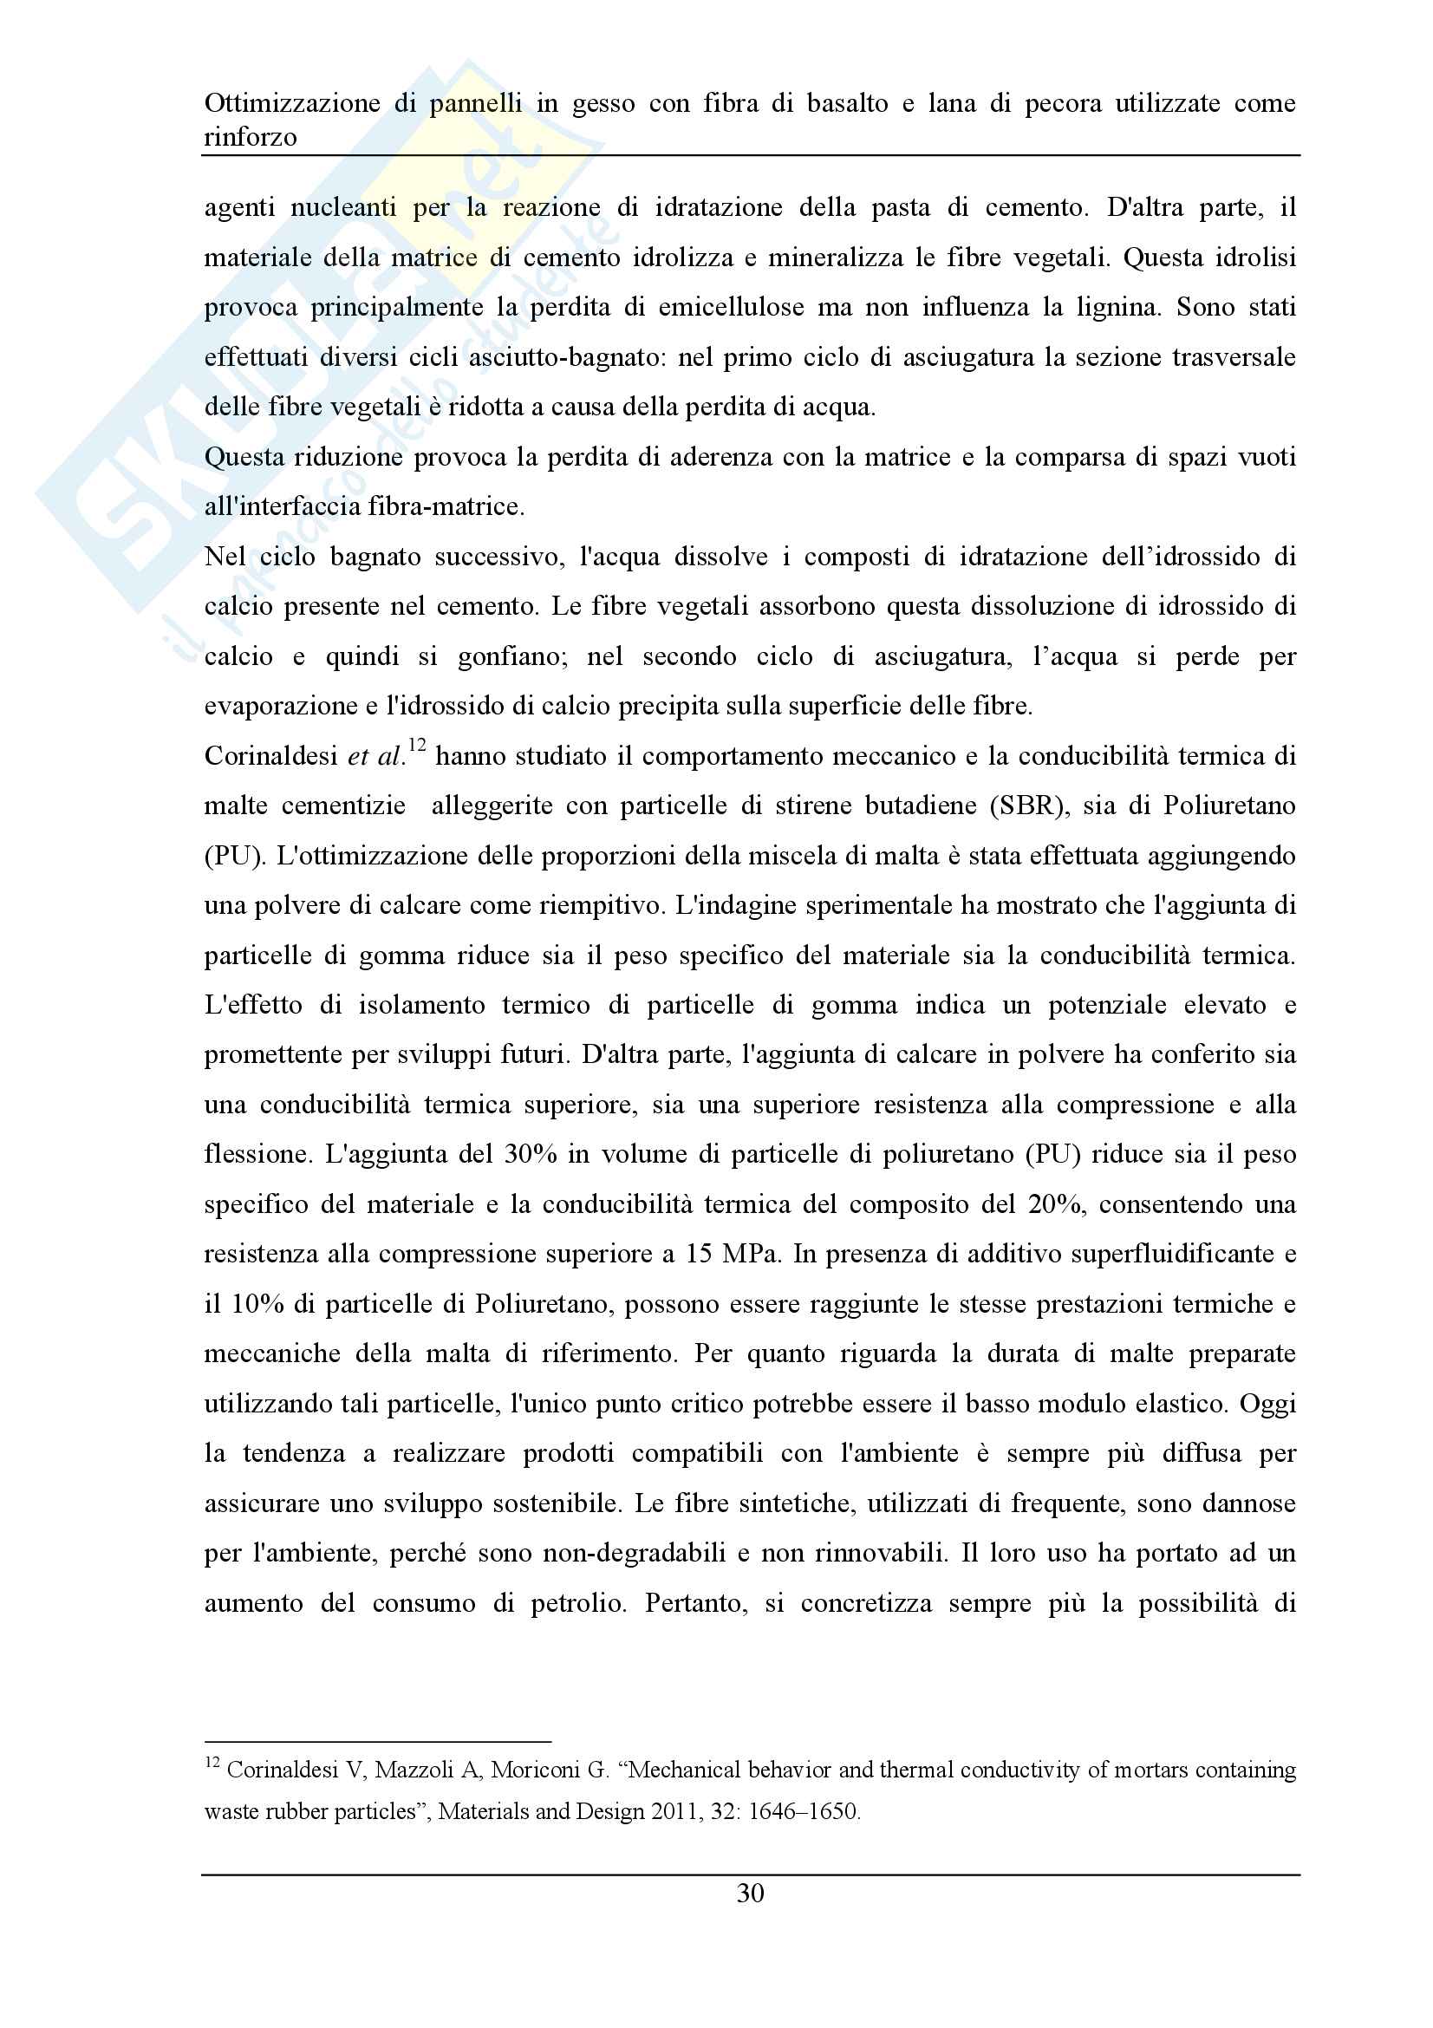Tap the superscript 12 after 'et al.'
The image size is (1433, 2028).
(x=416, y=747)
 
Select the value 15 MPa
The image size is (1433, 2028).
(x=732, y=1255)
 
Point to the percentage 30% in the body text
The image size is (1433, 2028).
(x=531, y=1155)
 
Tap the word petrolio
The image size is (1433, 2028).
(x=577, y=1604)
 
